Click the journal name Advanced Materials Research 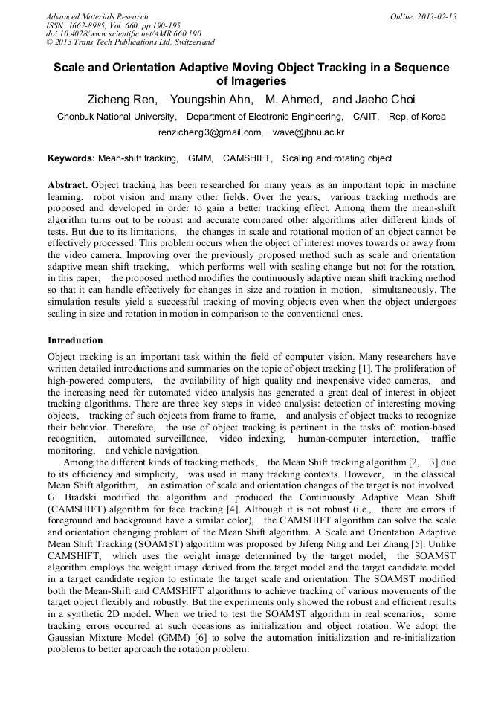coord(97,16)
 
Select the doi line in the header coord(123,34)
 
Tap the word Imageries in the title coord(251,81)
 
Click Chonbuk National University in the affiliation coord(117,117)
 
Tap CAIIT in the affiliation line coord(366,117)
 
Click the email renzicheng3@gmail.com coord(210,132)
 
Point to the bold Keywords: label coord(71,158)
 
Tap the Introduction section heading coord(75,341)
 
